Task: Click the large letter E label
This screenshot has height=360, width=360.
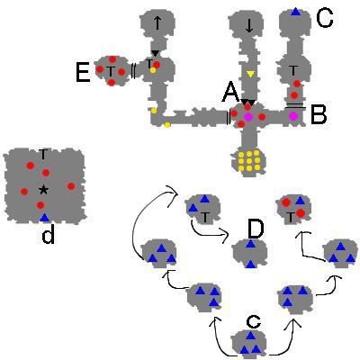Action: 83,73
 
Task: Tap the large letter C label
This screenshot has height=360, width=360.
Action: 325,19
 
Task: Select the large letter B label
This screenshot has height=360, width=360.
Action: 319,115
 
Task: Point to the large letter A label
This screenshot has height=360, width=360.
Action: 231,93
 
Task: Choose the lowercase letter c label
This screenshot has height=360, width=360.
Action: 254,322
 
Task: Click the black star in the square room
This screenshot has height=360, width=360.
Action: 43,189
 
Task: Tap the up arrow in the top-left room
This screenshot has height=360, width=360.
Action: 157,23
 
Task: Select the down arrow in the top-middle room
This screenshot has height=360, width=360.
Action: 249,26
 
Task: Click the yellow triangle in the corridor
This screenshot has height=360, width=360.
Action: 250,74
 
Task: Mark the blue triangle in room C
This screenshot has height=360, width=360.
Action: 296,12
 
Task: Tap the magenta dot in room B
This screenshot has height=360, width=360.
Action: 293,116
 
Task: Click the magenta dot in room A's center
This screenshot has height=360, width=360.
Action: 248,117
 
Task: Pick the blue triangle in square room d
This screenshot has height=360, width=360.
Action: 44,218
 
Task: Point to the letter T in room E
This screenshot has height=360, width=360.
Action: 111,71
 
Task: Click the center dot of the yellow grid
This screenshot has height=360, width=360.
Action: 249,160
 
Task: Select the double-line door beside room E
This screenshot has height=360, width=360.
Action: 133,71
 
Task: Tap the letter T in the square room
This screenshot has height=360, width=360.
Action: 43,155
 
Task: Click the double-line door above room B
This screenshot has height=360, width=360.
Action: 295,105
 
